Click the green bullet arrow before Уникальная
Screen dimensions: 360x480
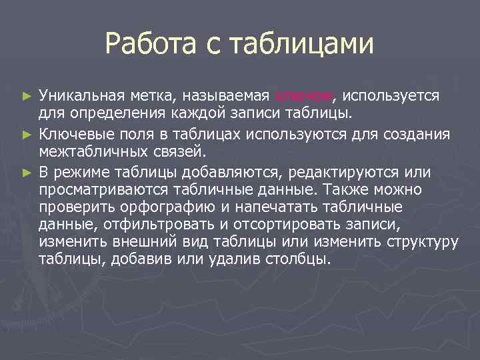(27, 97)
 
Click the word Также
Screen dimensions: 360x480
(373, 189)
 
